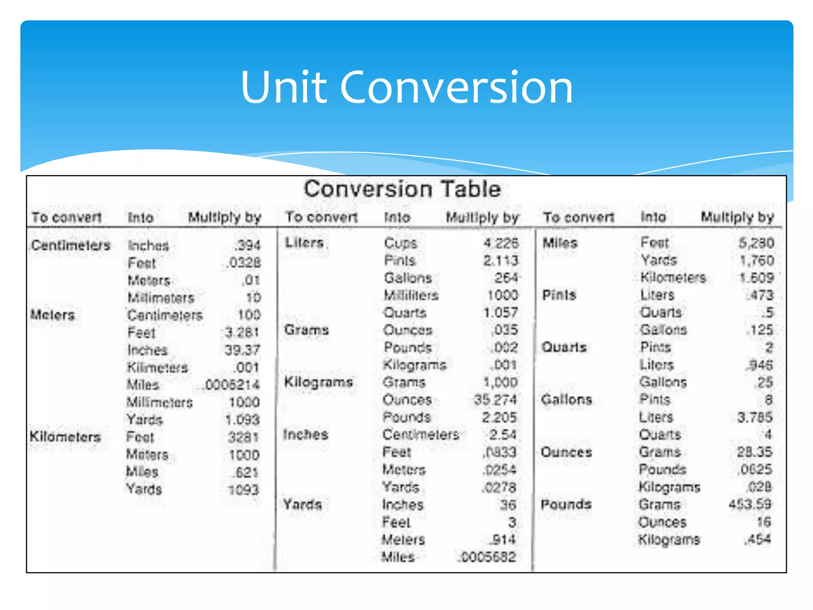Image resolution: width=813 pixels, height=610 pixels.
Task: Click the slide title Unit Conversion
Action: tap(406, 87)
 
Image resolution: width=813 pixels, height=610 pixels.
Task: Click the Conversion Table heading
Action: tap(402, 189)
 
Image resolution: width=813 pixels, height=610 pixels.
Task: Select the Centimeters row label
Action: tap(71, 245)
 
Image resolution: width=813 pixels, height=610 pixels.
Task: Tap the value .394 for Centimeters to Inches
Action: tap(248, 245)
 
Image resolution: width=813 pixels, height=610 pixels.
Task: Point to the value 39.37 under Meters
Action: tap(242, 350)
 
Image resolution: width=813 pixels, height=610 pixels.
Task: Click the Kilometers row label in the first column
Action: tap(66, 437)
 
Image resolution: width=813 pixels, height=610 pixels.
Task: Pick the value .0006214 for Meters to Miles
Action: tap(232, 385)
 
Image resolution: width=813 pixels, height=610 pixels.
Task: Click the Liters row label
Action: tap(304, 242)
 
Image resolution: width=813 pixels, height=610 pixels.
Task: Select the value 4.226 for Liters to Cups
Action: tap(501, 243)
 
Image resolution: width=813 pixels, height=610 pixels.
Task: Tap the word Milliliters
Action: tap(411, 295)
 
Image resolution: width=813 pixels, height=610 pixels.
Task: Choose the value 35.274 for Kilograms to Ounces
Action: tap(495, 400)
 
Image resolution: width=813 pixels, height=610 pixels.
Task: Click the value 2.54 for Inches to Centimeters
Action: tap(503, 434)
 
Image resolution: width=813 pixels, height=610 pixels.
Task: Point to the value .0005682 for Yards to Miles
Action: tap(487, 557)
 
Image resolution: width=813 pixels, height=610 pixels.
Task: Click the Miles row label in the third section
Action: tap(560, 243)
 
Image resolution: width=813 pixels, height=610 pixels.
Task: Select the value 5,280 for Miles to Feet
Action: tap(756, 243)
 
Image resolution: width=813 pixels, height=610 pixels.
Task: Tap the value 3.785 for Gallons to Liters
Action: tap(755, 417)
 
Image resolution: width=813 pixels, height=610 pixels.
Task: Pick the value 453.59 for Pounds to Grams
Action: tap(750, 504)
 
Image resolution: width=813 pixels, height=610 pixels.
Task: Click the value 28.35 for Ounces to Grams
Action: tap(754, 452)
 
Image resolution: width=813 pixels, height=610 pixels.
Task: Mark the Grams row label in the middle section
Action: tap(306, 330)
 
